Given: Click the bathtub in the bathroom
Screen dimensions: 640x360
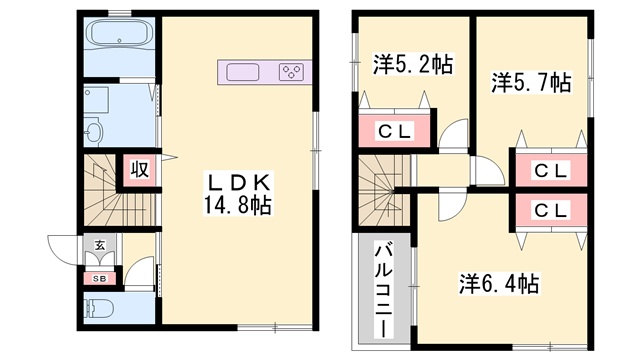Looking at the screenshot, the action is (x=119, y=33).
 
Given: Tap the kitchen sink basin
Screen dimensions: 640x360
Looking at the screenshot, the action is (x=242, y=72).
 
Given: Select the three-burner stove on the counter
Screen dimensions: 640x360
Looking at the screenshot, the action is (x=291, y=72).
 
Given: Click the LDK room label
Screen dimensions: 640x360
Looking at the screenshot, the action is (x=239, y=182).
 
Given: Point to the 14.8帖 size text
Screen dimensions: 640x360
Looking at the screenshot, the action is (x=238, y=205).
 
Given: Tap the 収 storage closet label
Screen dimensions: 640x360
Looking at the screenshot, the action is (x=140, y=169).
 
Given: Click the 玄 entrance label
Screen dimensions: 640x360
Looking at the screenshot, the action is (x=100, y=246).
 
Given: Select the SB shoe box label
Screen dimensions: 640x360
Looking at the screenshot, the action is (x=100, y=279).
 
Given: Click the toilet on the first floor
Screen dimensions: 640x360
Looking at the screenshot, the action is (x=98, y=308).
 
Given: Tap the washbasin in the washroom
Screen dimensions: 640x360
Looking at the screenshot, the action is (x=94, y=131).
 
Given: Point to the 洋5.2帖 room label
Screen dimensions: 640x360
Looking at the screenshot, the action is (x=413, y=65).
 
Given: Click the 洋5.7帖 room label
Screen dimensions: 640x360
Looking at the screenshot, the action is (x=531, y=83).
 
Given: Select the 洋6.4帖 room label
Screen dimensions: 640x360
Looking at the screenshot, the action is (x=499, y=284).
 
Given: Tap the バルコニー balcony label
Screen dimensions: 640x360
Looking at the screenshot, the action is (x=384, y=290).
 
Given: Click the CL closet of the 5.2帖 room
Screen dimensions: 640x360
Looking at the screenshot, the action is (x=395, y=131).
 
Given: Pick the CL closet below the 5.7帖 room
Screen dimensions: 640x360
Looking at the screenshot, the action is (x=551, y=171).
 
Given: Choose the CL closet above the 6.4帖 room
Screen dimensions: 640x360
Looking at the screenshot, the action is (x=551, y=211).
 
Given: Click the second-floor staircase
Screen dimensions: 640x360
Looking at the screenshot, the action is (x=384, y=190).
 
